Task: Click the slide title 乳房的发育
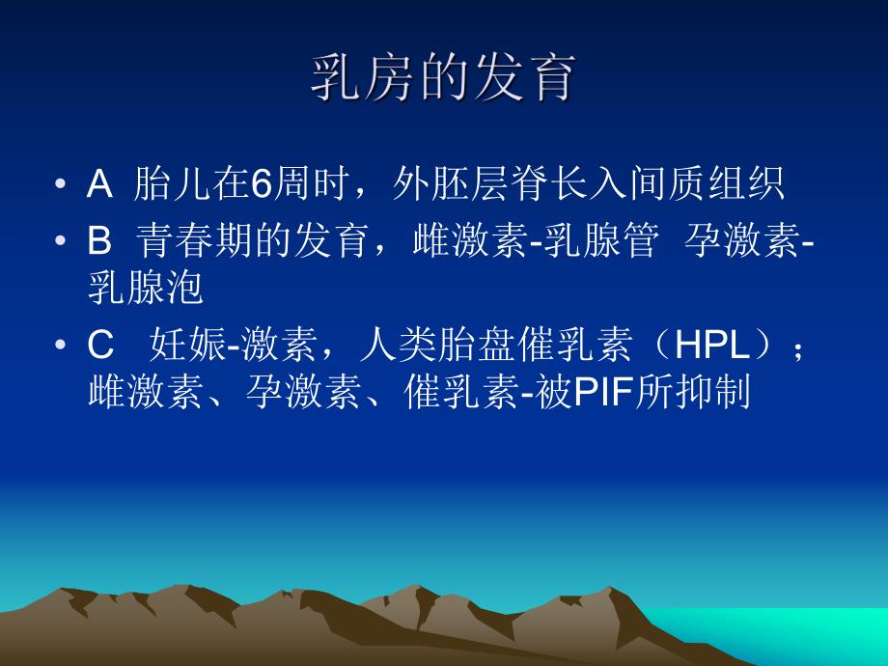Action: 443,78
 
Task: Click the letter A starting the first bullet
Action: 100,184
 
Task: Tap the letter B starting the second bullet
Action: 100,240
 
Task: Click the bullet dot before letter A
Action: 61,184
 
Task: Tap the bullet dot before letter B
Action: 61,241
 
